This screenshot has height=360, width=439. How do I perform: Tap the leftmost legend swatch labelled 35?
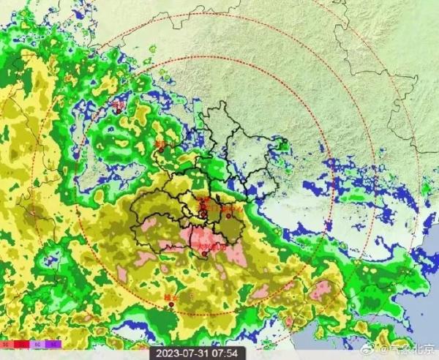click(x=6, y=342)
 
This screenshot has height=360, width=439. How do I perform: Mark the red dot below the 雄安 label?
click(x=171, y=305)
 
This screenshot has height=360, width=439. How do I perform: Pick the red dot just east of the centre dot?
click(x=229, y=216)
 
